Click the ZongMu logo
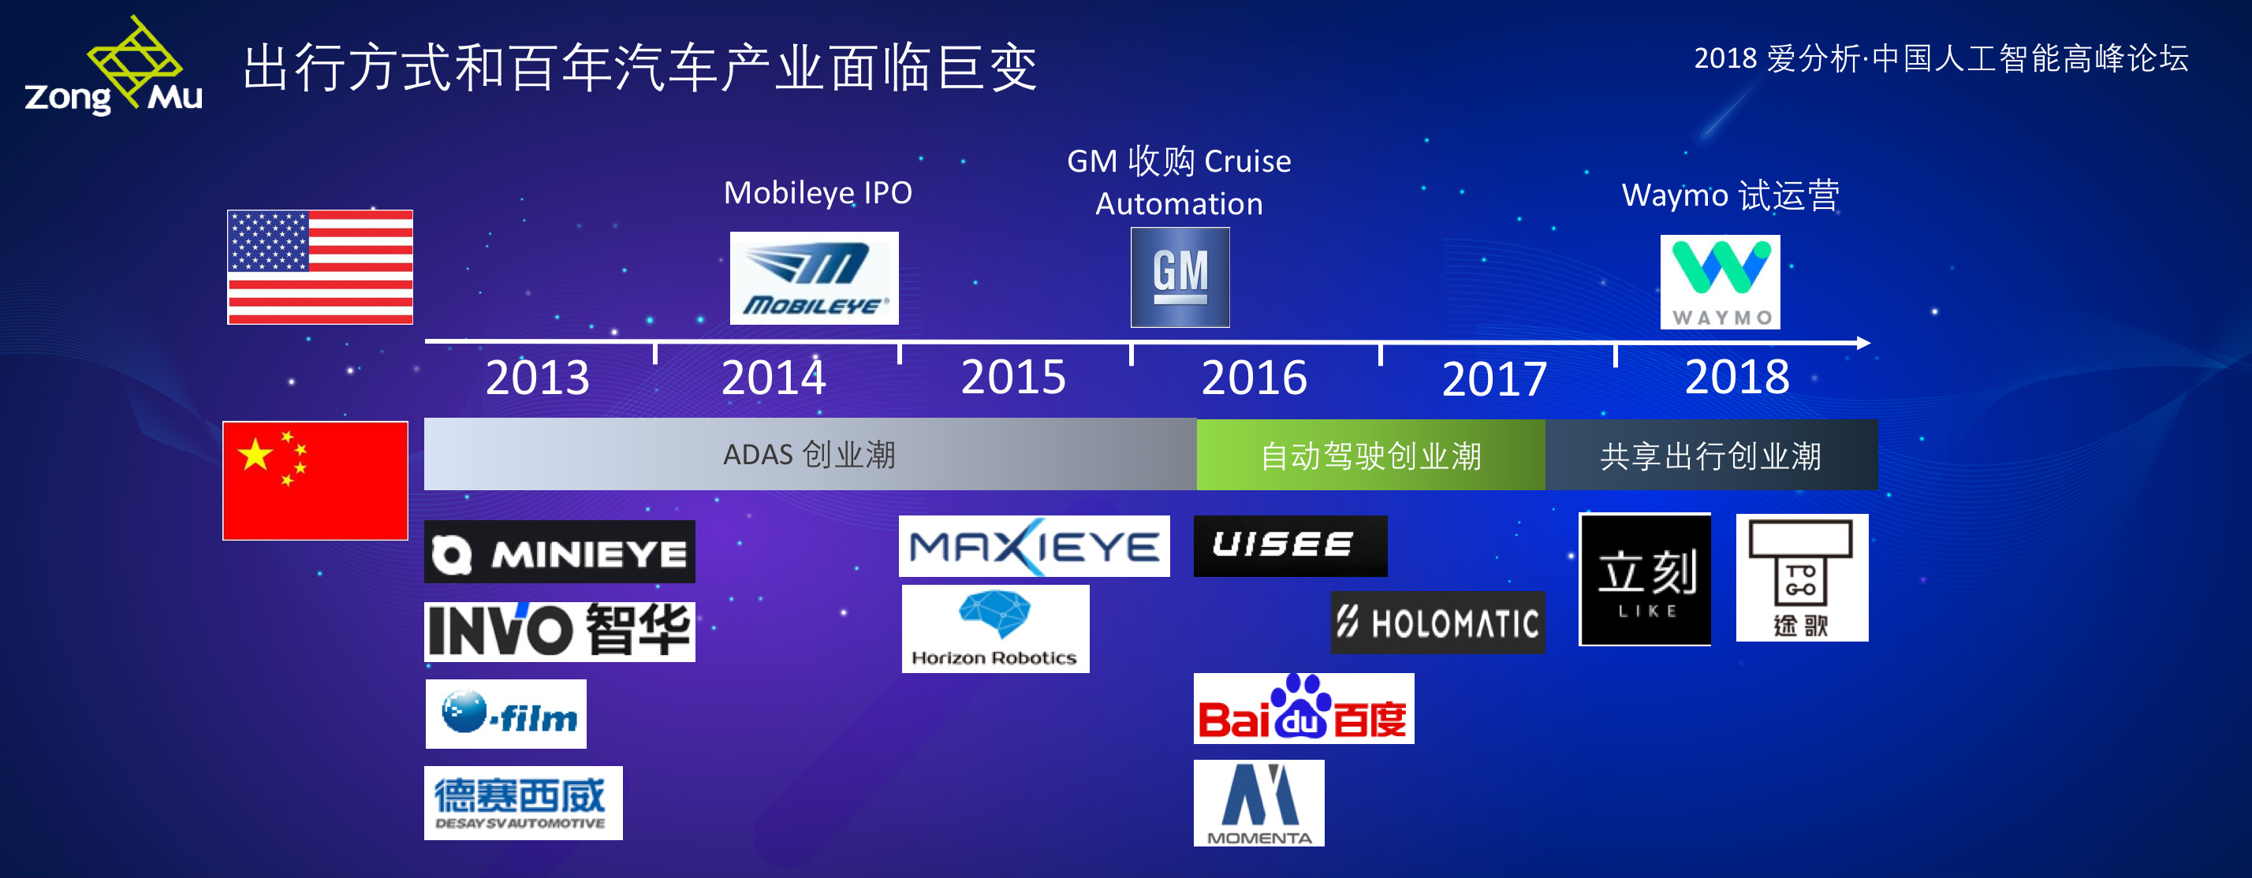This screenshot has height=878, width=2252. click(x=114, y=68)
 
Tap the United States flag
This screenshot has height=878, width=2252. click(x=320, y=266)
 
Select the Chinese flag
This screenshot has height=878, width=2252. click(x=315, y=481)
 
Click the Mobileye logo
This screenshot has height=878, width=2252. click(x=814, y=277)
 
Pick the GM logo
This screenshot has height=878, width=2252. click(x=1180, y=277)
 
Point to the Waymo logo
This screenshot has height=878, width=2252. click(x=1720, y=281)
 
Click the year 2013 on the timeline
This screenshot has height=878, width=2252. click(x=537, y=378)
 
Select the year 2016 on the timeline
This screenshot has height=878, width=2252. click(x=1254, y=378)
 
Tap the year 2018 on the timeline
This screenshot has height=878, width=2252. click(x=1736, y=378)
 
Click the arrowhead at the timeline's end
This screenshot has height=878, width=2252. click(x=1863, y=343)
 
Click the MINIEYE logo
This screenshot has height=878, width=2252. click(x=560, y=552)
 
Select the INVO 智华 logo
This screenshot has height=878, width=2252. click(x=560, y=631)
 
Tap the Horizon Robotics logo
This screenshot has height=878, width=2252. click(x=995, y=629)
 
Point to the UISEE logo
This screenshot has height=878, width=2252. click(x=1289, y=546)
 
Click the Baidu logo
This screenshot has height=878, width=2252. click(x=1303, y=709)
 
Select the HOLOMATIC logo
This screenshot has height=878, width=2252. click(x=1437, y=623)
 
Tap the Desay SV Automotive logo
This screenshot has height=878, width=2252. click(x=523, y=803)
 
